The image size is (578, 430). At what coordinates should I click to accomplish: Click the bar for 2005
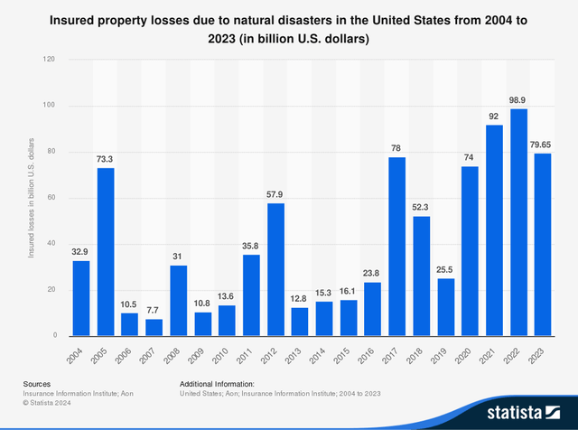coord(106,252)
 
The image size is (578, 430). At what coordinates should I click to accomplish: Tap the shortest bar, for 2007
coord(154,327)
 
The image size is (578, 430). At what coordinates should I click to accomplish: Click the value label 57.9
coord(251,194)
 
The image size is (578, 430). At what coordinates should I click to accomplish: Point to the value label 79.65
coord(543,144)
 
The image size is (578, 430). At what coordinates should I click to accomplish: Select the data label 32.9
coord(81,252)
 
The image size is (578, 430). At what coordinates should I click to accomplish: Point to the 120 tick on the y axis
coord(50,60)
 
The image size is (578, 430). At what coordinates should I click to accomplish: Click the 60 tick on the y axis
coord(51,198)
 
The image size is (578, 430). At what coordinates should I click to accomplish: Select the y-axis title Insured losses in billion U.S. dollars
coord(31,198)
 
